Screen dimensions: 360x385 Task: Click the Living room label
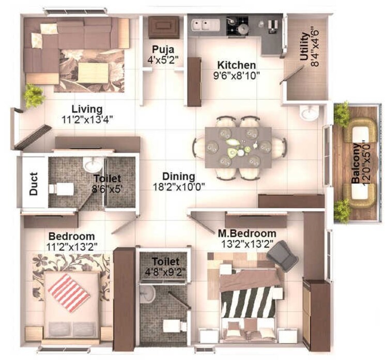[x=87, y=109]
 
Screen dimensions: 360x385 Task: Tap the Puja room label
[x=162, y=50]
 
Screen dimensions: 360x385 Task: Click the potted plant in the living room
[x=34, y=95]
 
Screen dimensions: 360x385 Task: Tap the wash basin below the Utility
[x=309, y=113]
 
